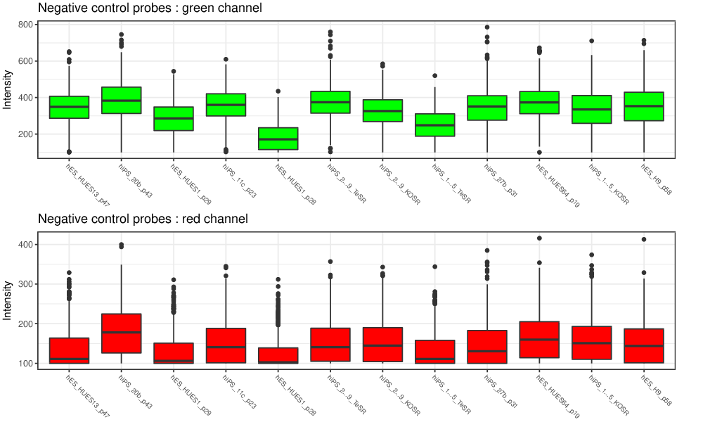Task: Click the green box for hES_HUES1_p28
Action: pos(278,139)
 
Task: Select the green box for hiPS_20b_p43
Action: pos(122,100)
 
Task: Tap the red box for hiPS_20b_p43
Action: pos(122,333)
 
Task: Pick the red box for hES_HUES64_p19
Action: pos(538,340)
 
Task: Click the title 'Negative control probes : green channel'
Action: pos(150,8)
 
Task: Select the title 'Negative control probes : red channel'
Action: pos(143,219)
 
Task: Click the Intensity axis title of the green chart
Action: pos(8,89)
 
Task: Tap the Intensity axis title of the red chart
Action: pos(8,301)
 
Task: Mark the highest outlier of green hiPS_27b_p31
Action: pos(486,27)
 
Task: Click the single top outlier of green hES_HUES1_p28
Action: pos(278,91)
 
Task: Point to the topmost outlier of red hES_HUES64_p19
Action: pos(538,238)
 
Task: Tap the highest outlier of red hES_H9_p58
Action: pos(643,240)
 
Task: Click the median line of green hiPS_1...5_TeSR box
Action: pos(434,125)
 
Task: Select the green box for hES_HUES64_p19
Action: pos(538,103)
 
